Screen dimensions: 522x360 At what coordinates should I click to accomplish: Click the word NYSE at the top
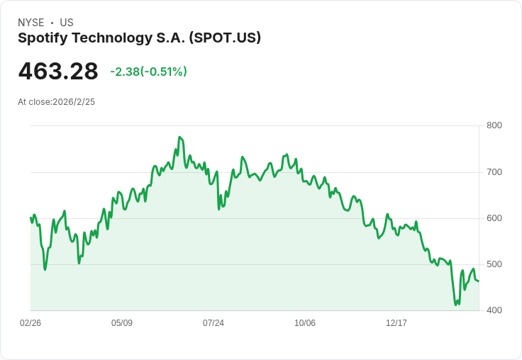[x=31, y=23]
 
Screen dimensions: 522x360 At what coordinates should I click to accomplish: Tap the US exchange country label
[x=67, y=23]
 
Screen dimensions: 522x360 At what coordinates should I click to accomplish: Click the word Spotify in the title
[x=43, y=38]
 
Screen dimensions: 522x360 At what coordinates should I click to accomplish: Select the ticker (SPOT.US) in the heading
[x=225, y=38]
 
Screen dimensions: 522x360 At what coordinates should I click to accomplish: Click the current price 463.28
[x=58, y=72]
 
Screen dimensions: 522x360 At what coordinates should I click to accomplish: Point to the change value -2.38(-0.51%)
[x=148, y=72]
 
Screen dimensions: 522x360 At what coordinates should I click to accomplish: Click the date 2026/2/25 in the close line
[x=74, y=102]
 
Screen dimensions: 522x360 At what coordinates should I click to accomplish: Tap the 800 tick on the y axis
[x=494, y=125]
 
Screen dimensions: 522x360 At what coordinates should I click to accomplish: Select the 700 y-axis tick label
[x=494, y=172]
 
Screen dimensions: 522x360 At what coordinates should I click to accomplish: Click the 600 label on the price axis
[x=494, y=218]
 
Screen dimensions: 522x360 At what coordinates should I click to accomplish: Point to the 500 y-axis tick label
[x=494, y=264]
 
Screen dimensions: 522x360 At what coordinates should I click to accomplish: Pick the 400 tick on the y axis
[x=494, y=310]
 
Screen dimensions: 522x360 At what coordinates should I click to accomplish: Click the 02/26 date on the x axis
[x=30, y=323]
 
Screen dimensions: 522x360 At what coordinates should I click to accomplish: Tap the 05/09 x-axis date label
[x=122, y=323]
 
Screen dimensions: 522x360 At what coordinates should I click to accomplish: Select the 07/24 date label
[x=213, y=323]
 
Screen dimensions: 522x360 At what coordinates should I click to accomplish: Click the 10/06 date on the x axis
[x=305, y=323]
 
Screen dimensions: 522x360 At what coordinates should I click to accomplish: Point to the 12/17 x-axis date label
[x=396, y=323]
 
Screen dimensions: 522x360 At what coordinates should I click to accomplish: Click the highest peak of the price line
[x=179, y=137]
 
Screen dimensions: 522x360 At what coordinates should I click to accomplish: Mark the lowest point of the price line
[x=456, y=305]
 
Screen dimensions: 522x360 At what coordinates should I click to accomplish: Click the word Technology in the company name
[x=112, y=38]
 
